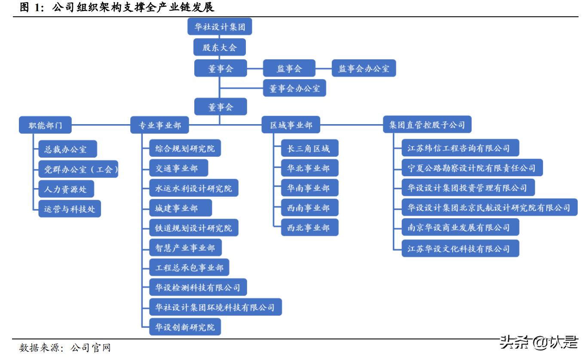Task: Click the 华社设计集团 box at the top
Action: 220,27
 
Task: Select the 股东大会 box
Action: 220,47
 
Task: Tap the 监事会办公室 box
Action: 364,68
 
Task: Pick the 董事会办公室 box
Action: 294,88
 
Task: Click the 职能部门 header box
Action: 45,125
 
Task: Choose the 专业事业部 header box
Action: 159,125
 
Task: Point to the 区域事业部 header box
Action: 291,125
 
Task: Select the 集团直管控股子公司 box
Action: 427,125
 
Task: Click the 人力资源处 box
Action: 66,189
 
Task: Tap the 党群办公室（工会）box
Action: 78,169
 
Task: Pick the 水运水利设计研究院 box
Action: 194,188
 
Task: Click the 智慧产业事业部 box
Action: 185,247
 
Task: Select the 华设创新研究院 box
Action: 185,327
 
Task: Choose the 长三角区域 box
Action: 310,148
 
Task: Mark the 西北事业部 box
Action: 310,228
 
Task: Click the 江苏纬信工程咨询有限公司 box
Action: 460,148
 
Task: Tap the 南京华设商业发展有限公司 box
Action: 460,227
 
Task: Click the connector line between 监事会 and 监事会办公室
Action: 323,68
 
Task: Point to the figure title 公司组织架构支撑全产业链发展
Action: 133,7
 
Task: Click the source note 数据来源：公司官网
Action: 64,348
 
